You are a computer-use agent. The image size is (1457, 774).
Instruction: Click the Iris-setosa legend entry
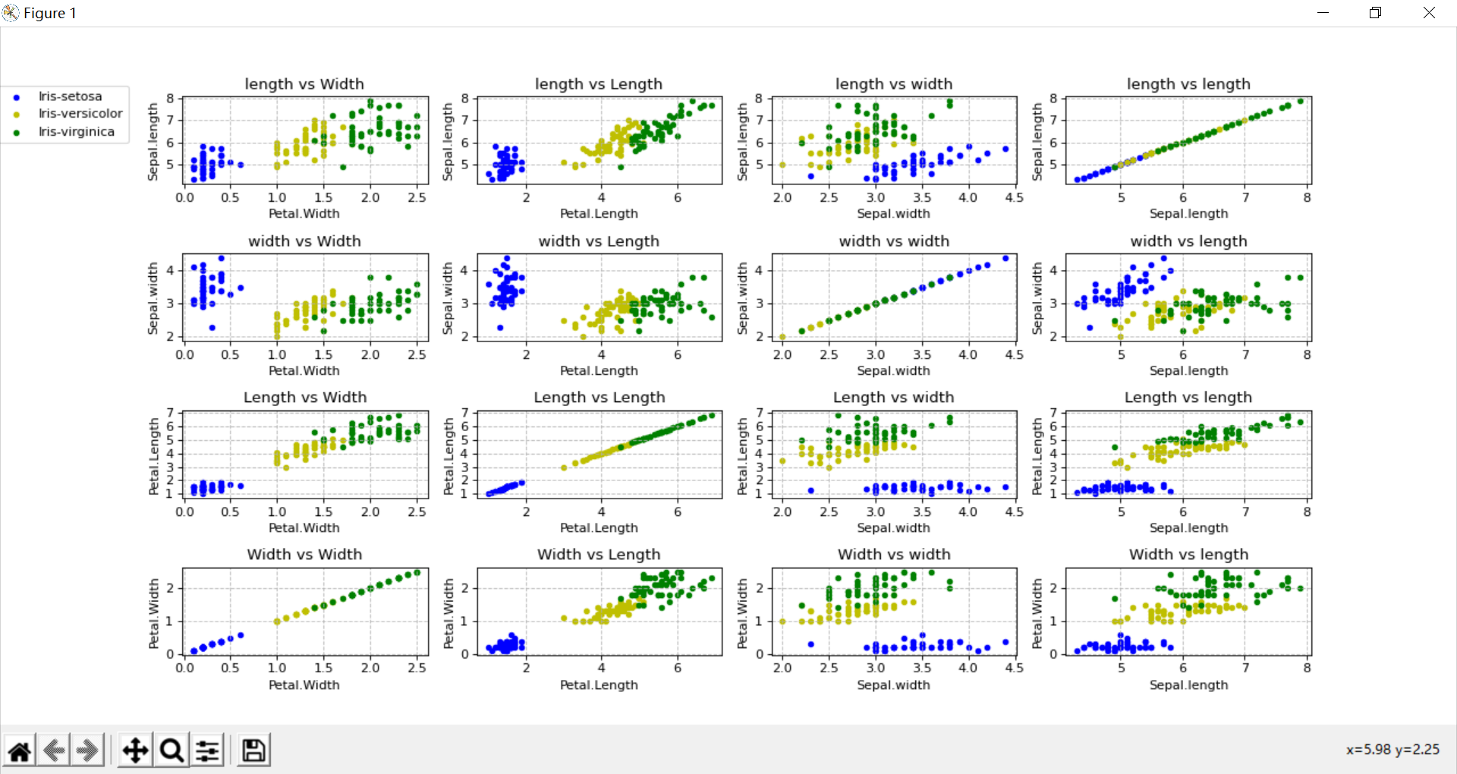69,96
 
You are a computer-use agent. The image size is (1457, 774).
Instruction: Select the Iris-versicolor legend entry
80,114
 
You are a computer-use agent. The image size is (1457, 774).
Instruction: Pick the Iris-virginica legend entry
76,132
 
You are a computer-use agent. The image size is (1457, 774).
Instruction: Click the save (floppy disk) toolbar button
253,750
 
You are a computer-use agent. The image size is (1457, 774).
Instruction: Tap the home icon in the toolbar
20,750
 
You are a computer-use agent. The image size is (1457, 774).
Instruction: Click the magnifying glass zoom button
172,750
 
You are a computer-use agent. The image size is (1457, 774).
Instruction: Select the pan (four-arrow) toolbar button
135,750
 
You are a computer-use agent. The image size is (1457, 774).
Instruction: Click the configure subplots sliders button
208,750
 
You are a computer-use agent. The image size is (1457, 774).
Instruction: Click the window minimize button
1323,13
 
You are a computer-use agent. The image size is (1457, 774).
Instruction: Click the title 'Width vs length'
1188,555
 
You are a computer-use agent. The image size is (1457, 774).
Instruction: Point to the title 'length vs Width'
304,84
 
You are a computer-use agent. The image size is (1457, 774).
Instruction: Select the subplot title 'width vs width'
894,241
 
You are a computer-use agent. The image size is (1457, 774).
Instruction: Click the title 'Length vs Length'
599,398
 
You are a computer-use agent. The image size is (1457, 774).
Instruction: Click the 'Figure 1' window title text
49,13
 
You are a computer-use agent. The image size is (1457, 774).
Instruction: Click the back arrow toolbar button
54,750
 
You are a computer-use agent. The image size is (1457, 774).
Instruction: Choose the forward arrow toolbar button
87,750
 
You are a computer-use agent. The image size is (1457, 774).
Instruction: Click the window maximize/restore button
1375,13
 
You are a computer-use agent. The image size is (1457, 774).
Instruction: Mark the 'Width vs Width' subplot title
304,555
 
